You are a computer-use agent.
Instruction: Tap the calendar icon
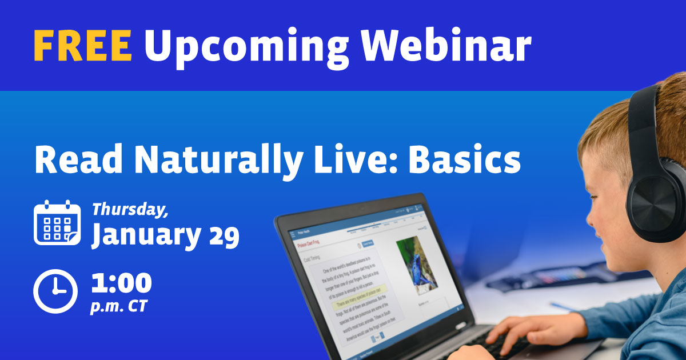coord(57,223)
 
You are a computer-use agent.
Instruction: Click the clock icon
coord(55,291)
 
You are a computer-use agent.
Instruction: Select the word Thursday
coord(130,209)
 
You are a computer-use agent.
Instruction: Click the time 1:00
coord(121,283)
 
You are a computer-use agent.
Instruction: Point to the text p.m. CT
coord(118,306)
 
